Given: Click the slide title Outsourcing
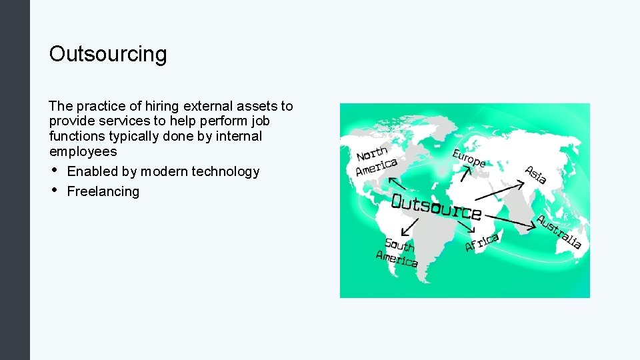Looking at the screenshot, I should [x=108, y=55].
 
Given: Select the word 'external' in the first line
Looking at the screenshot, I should [x=207, y=106].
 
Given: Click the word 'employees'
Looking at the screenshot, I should [x=83, y=151].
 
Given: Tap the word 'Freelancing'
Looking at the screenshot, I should [x=103, y=191].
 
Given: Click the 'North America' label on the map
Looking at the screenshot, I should [x=375, y=161].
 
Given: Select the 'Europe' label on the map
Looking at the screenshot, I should [x=469, y=158].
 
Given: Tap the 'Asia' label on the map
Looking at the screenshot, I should [x=536, y=174].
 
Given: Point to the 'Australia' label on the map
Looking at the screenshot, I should [x=559, y=231].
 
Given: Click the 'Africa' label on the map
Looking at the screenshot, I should [x=481, y=242].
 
